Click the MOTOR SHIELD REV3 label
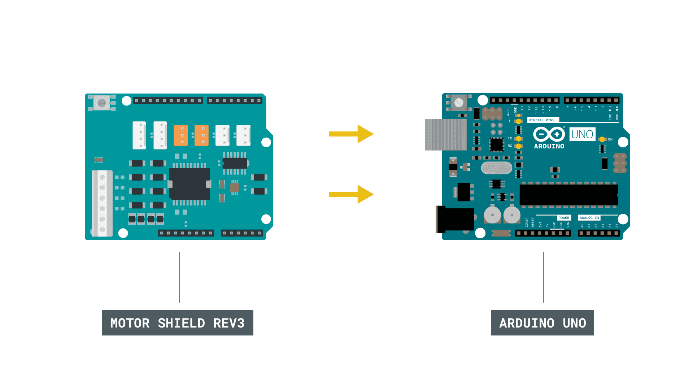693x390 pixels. click(x=177, y=322)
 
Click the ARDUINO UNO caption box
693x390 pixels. click(x=542, y=322)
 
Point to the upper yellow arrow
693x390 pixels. click(x=350, y=134)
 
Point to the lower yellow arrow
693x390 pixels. click(x=350, y=194)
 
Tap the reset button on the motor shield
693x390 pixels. click(x=102, y=103)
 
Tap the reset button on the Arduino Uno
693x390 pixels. click(x=459, y=103)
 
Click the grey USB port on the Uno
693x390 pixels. click(x=445, y=134)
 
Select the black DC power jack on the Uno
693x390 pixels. click(x=456, y=219)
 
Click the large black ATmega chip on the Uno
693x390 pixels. click(x=568, y=195)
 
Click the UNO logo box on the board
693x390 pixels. click(x=582, y=134)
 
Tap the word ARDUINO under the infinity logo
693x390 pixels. click(x=549, y=146)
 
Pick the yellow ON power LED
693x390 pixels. click(x=602, y=139)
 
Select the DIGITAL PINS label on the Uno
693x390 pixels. click(x=541, y=120)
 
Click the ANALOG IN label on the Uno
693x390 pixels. click(x=589, y=218)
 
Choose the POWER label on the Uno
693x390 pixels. click(x=563, y=218)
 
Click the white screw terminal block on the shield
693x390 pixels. click(x=102, y=203)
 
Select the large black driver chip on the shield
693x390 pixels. click(x=189, y=184)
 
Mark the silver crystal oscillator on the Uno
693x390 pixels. click(x=496, y=168)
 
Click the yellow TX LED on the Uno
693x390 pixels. click(x=518, y=139)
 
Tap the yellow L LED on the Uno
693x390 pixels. click(x=518, y=121)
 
